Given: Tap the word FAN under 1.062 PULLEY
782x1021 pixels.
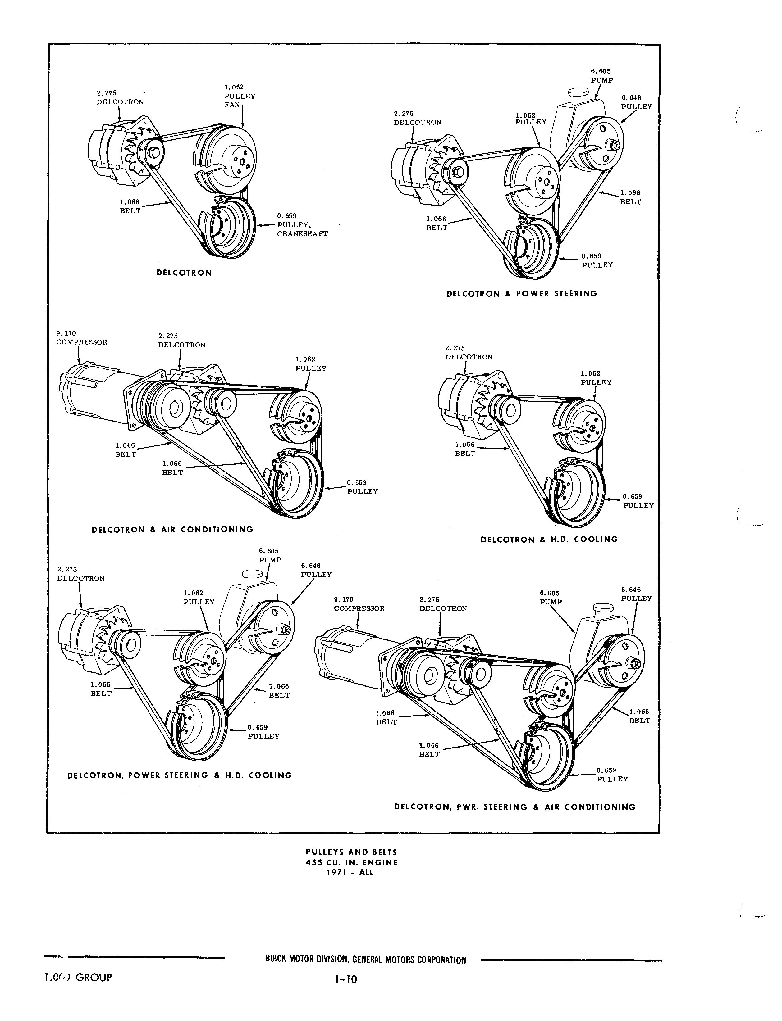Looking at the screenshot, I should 232,105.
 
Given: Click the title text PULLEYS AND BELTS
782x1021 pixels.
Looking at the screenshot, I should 351,852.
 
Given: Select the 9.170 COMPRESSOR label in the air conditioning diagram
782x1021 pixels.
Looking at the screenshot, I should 81,338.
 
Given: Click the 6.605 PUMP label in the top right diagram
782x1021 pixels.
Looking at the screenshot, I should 602,76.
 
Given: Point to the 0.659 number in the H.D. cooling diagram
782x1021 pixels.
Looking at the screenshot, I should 632,496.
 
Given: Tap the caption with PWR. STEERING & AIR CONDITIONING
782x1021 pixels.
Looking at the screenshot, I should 514,807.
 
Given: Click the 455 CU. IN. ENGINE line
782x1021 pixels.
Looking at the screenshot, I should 351,862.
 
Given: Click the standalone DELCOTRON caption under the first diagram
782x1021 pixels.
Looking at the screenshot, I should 184,273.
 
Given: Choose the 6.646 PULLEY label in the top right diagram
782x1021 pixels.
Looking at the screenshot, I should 636,102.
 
